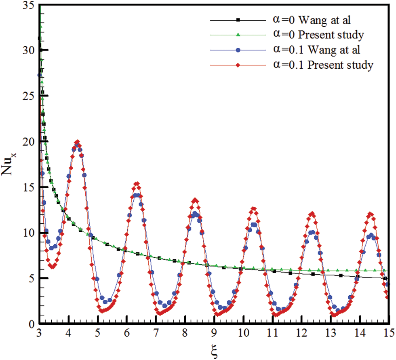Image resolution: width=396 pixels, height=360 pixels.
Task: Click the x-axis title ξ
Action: [214, 349]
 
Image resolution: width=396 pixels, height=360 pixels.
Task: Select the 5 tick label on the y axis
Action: [30, 279]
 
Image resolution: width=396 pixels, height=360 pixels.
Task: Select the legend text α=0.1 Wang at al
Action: [311, 50]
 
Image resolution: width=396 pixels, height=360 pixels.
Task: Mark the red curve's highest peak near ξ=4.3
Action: [77, 142]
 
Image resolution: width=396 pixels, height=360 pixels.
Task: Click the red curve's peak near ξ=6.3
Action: [137, 184]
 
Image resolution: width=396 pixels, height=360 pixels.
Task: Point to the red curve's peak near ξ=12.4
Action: [312, 214]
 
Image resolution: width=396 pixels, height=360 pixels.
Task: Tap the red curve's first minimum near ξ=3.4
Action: [52, 267]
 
